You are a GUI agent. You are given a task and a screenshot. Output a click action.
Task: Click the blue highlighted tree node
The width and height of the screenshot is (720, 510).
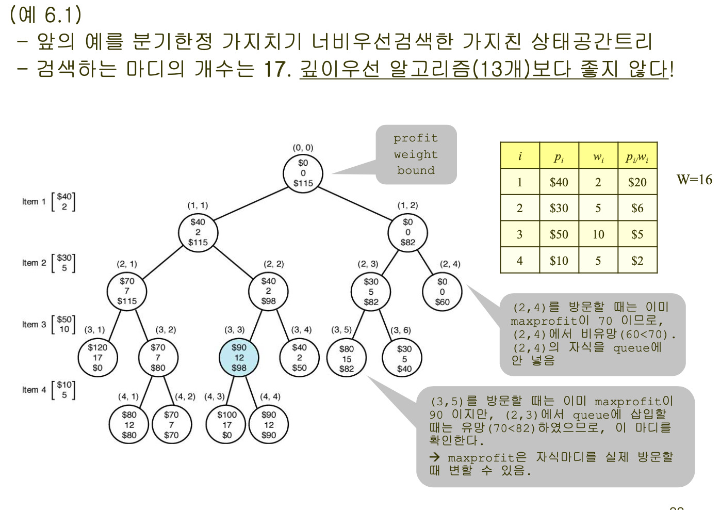[x=239, y=358]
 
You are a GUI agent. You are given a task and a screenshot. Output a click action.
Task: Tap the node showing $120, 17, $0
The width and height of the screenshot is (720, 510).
[x=97, y=358]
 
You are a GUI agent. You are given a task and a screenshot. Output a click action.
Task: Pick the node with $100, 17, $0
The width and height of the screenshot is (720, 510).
[x=226, y=425]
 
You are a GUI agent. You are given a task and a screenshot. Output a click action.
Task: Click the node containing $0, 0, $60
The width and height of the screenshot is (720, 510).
[x=443, y=292]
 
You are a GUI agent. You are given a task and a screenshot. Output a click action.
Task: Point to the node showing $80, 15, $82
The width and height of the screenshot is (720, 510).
[x=347, y=358]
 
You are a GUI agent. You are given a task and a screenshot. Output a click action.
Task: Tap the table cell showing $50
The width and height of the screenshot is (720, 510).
[x=559, y=234]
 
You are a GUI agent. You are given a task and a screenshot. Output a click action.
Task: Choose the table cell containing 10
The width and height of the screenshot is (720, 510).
[x=598, y=234]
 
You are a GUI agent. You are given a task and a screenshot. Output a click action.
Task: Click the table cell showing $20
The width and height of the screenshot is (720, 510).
[x=637, y=182]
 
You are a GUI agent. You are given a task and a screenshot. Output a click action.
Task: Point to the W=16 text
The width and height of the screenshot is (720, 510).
[x=694, y=180]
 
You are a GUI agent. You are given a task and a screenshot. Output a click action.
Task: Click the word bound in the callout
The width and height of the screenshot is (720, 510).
[x=416, y=170]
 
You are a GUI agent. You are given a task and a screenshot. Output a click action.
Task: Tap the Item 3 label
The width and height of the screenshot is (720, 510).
[x=34, y=324]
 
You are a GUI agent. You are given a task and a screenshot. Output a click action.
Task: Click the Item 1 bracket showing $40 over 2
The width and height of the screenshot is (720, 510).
[x=63, y=201]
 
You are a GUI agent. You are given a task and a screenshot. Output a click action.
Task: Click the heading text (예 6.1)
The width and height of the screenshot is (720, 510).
[x=45, y=14]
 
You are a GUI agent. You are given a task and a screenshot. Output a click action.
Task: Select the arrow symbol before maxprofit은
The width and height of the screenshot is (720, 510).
[x=435, y=457]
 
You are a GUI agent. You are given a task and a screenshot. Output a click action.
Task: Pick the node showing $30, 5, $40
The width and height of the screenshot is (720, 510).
[x=404, y=358]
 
